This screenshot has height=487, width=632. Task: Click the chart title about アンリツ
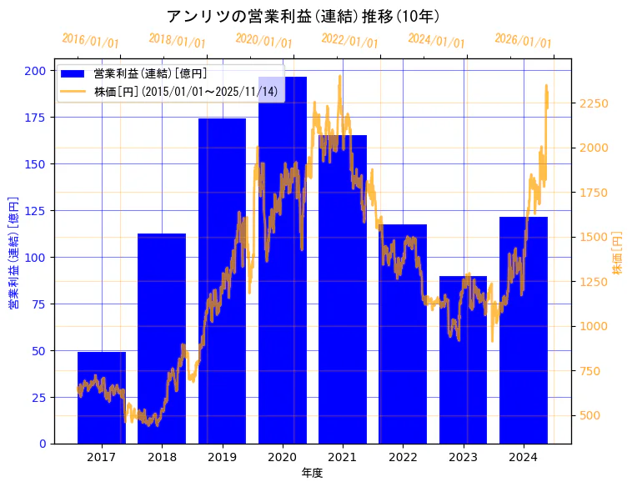tap(303, 17)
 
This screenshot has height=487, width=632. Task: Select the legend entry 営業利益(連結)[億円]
tap(150, 74)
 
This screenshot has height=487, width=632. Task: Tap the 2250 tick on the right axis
tap(594, 103)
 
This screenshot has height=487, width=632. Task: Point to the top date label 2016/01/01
tap(90, 41)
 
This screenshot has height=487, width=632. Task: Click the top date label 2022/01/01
tap(349, 41)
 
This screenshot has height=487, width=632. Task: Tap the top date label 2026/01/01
tap(523, 41)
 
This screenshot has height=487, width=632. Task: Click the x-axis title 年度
tap(312, 473)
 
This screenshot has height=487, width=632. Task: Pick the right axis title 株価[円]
tap(618, 254)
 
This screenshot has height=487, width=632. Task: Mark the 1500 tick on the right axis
tap(594, 237)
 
